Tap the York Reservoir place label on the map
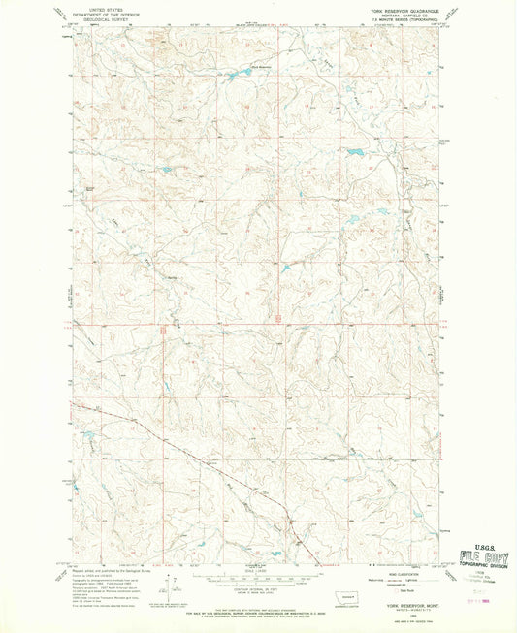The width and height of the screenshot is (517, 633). pyautogui.click(x=236, y=66)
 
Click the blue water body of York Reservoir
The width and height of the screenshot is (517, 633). pyautogui.click(x=236, y=72)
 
